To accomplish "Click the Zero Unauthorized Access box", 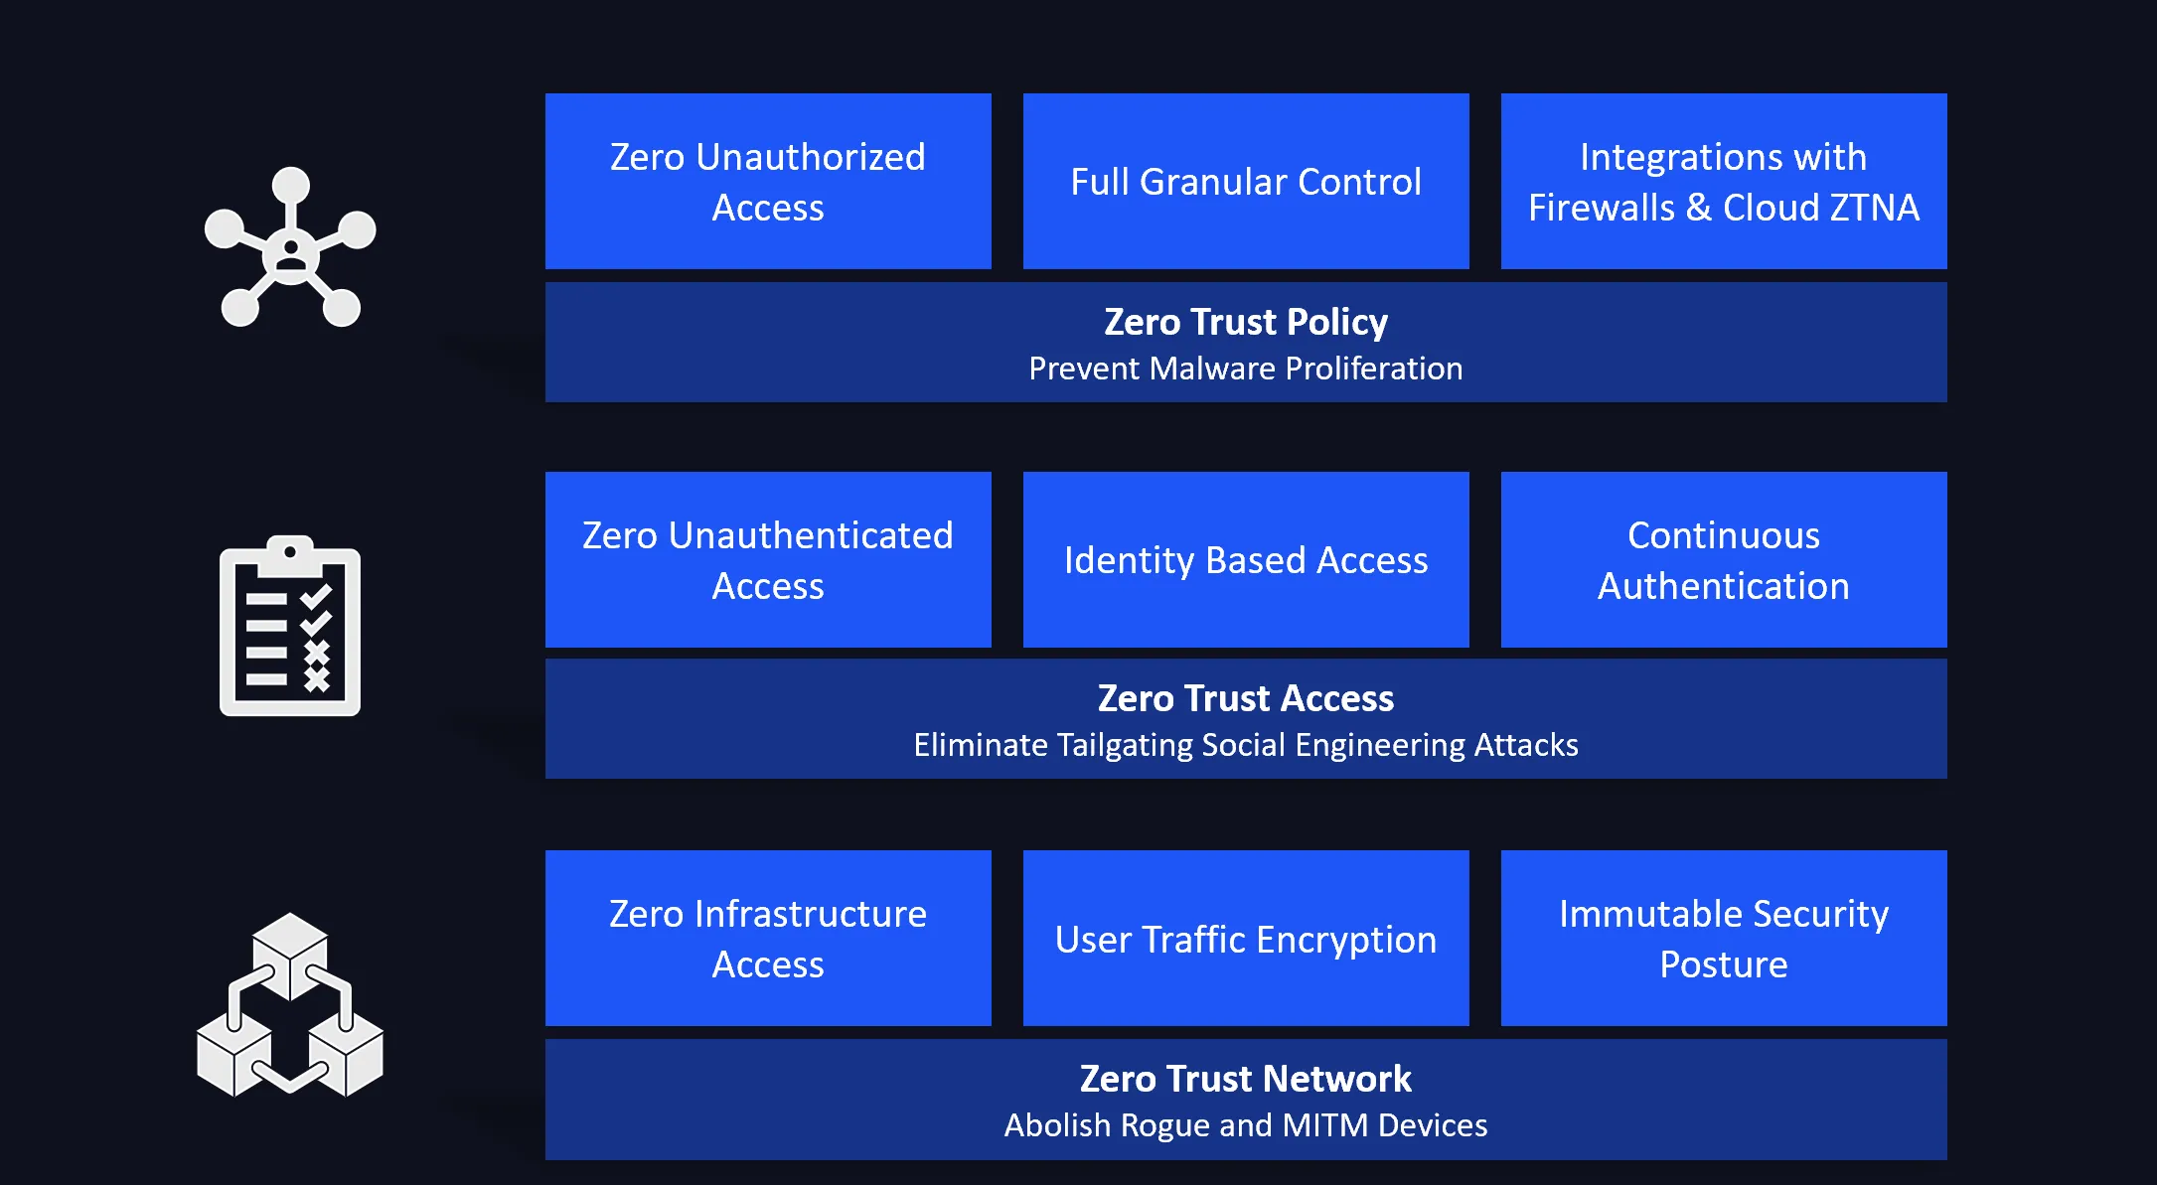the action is [x=768, y=181].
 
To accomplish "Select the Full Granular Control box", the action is [x=1246, y=181].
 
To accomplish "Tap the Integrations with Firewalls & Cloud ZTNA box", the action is [x=1724, y=181].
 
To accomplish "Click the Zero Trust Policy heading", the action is [x=1246, y=322].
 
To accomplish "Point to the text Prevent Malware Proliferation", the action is [x=1246, y=369].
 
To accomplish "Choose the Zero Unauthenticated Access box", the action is [x=768, y=559].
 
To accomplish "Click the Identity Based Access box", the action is [x=1246, y=559].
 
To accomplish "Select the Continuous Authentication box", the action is [x=1724, y=559].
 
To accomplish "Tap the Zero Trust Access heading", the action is [x=1246, y=698].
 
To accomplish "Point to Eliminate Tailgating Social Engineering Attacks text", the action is [x=1246, y=745].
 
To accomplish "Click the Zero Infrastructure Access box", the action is [x=768, y=938].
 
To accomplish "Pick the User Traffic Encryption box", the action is [x=1246, y=938].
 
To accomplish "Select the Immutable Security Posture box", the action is [x=1724, y=938].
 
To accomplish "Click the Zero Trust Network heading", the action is [x=1246, y=1079].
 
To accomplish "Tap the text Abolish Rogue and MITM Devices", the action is [x=1246, y=1125].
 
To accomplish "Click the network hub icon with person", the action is [x=290, y=247].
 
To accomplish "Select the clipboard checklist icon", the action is [x=290, y=626].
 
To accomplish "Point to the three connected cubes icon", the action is [x=290, y=1004].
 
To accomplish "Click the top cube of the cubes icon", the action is [x=290, y=954].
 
